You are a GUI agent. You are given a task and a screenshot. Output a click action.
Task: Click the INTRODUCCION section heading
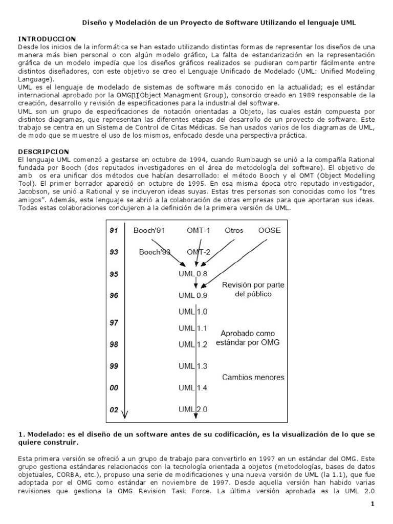tap(47, 39)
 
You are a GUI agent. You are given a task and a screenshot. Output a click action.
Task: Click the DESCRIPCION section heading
tap(43, 152)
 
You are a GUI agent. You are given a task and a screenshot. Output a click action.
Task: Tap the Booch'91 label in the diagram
tap(148, 231)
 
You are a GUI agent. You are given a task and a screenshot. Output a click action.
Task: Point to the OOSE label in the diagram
tap(270, 231)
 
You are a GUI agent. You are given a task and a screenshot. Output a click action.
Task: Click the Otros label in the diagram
tap(234, 231)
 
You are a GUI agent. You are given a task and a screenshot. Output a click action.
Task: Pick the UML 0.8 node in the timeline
tap(193, 274)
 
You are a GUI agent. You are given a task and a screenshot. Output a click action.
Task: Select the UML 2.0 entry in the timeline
tap(193, 409)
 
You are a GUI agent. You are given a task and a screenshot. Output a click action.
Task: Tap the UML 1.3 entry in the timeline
tap(193, 366)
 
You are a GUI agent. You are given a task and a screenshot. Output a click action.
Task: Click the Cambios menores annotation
tap(253, 378)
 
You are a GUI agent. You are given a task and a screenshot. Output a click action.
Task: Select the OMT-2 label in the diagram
tap(198, 252)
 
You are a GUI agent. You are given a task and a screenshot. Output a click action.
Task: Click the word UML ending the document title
tap(347, 23)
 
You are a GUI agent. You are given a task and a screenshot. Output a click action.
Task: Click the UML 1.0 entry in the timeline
tap(193, 312)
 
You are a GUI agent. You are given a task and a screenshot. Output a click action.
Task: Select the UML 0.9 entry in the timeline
tap(193, 295)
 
